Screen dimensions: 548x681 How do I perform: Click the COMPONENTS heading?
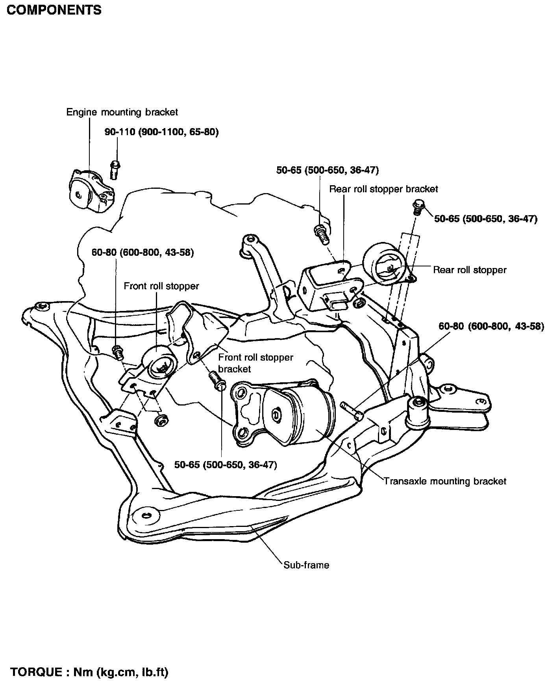54,10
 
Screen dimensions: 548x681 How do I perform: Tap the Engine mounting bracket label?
122,112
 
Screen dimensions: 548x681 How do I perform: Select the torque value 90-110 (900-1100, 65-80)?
162,132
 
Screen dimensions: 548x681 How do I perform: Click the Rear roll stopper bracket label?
383,189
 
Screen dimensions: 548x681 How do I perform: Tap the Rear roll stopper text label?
470,270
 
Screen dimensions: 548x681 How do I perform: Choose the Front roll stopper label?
161,286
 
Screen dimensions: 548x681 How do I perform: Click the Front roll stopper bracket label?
255,363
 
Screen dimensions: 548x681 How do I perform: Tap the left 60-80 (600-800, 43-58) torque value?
143,252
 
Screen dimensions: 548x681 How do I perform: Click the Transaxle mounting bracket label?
445,481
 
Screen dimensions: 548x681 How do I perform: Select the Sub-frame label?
306,565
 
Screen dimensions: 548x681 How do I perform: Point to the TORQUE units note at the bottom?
89,672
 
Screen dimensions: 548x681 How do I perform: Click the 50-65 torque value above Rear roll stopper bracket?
328,170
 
